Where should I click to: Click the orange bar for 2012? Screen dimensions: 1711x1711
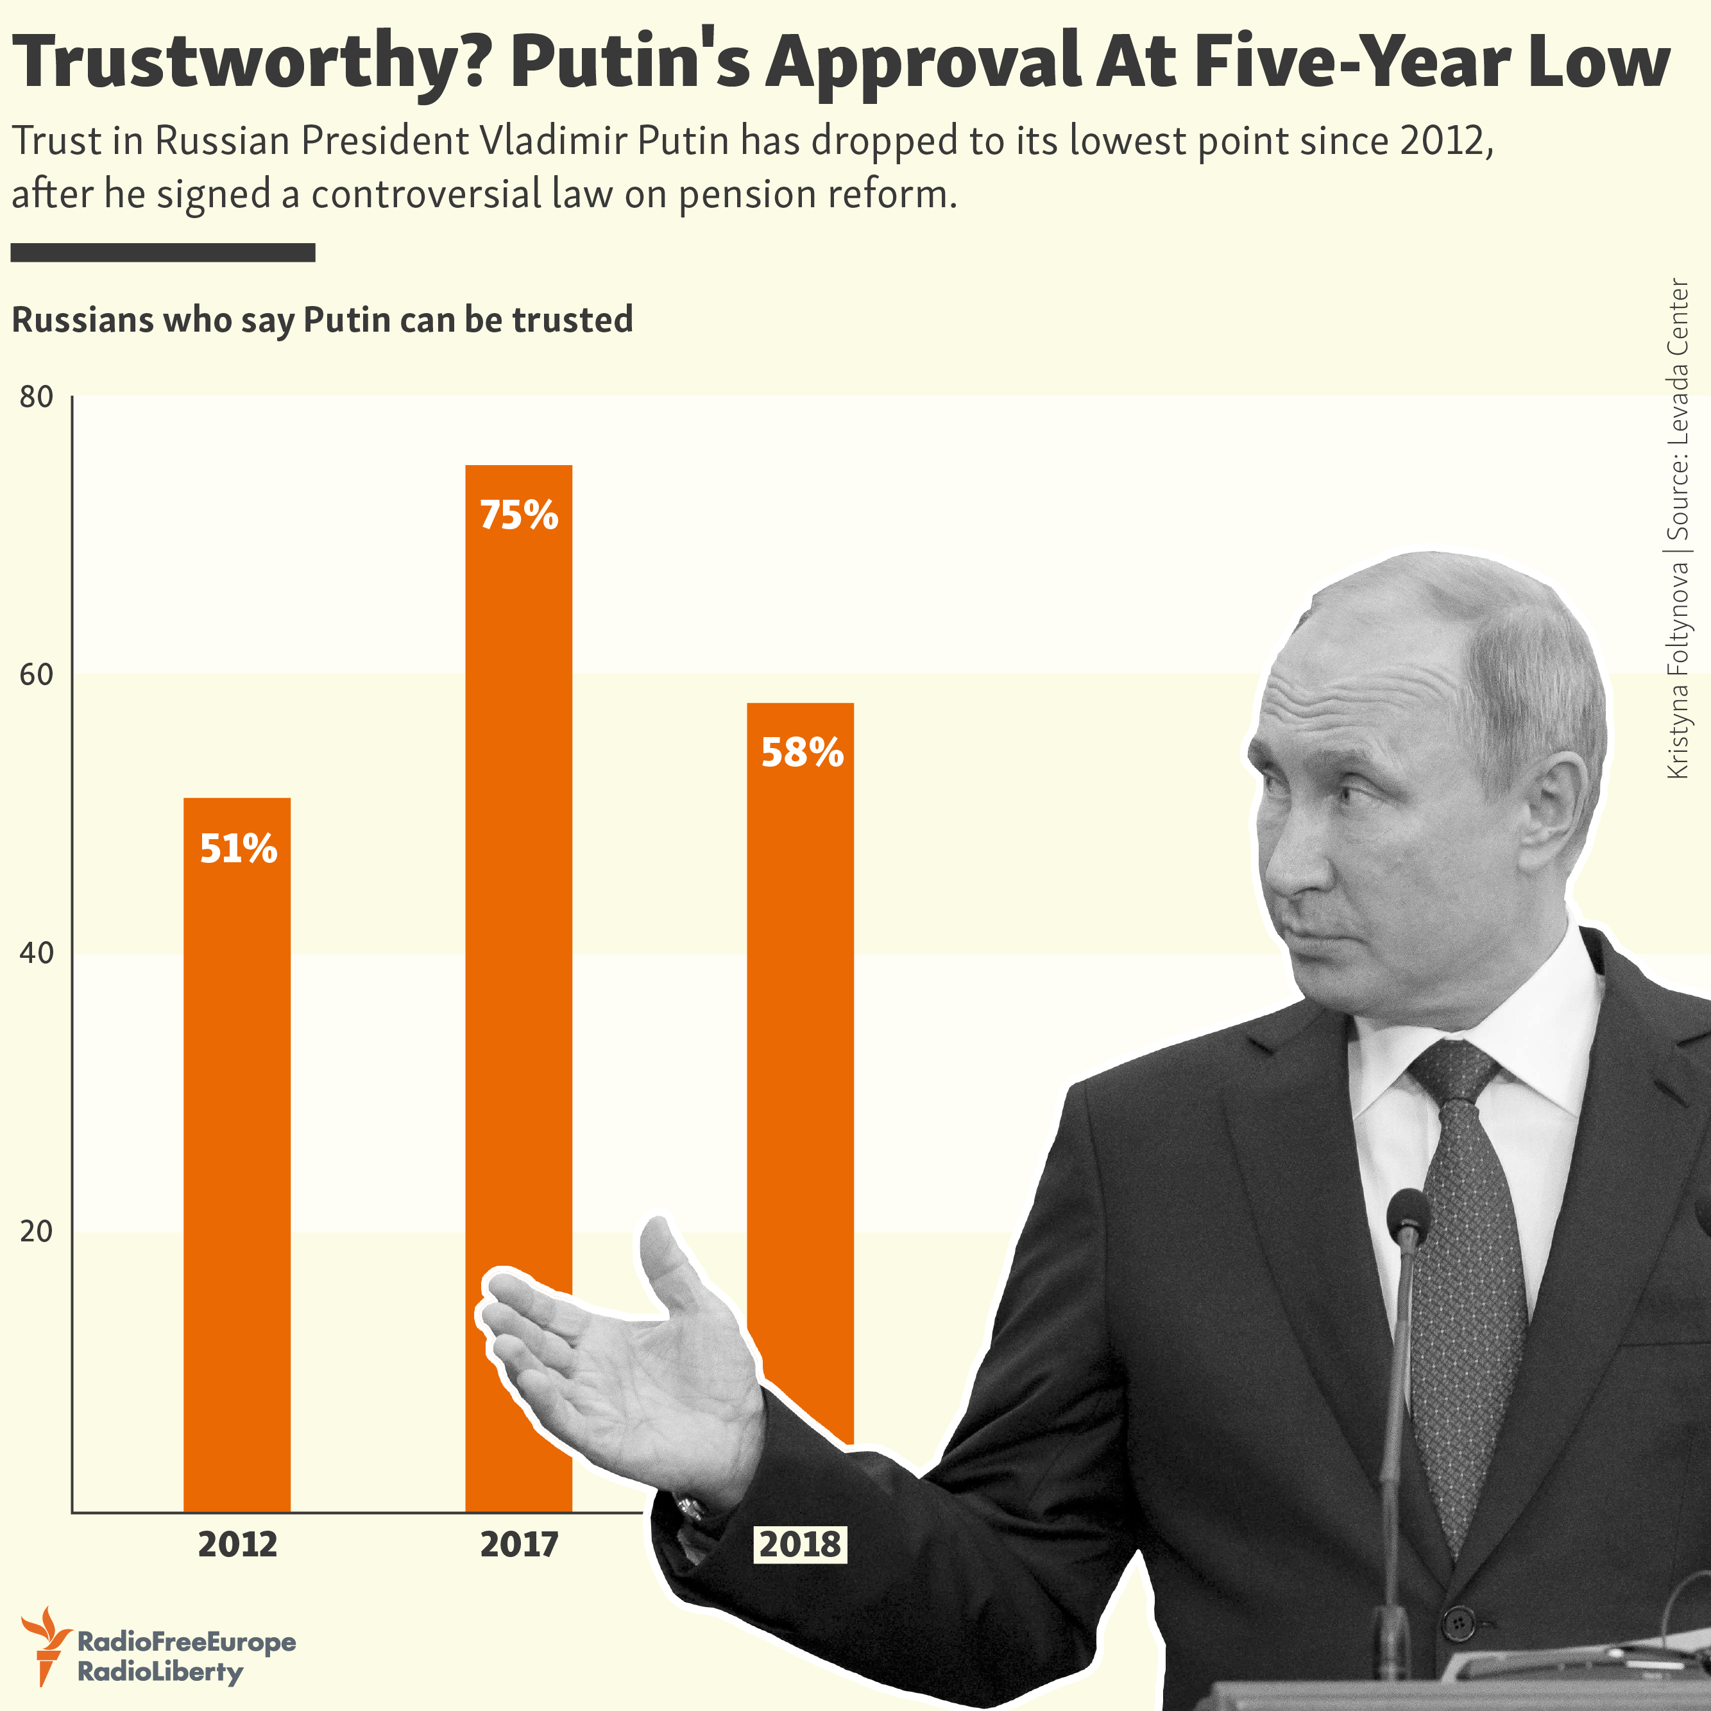point(237,1152)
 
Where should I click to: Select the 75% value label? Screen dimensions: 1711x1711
point(519,515)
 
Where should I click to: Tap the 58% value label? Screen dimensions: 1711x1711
point(801,752)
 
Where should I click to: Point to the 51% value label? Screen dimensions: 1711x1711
point(238,848)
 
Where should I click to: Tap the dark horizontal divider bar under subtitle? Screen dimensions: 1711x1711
point(163,252)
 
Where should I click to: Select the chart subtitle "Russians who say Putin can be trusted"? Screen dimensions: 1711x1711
point(322,319)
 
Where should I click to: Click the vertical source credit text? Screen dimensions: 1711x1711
point(1678,529)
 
